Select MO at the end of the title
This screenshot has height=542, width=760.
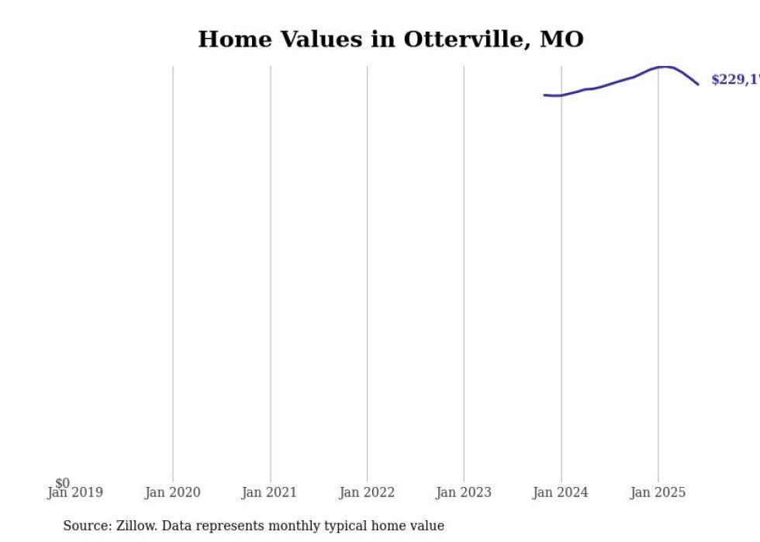point(561,40)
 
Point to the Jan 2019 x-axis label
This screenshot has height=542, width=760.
point(75,493)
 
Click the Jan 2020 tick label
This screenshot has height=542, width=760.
point(172,492)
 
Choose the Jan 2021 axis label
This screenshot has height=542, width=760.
point(269,492)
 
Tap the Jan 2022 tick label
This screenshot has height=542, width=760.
point(367,492)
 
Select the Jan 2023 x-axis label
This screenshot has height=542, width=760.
point(464,492)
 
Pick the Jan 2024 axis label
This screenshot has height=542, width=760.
point(561,492)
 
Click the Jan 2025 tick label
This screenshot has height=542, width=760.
point(658,492)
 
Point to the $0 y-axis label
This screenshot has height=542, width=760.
point(62,484)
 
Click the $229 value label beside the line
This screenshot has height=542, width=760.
point(734,80)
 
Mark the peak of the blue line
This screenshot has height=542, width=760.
point(665,67)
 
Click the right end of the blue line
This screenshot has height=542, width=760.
point(698,84)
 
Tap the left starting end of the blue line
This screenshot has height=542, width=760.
point(544,95)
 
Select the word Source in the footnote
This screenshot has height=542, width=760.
point(86,526)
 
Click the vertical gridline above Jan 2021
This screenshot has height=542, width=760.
point(271,271)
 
